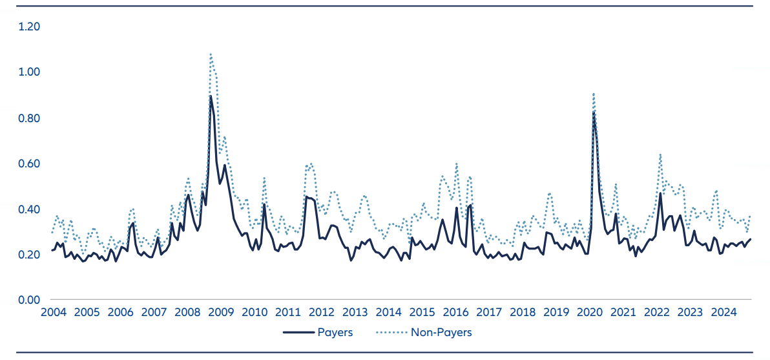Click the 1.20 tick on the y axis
(30, 27)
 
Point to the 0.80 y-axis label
(30, 118)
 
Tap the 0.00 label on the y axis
(30, 300)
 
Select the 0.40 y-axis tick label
(30, 209)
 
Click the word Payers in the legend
(335, 333)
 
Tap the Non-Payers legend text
(441, 333)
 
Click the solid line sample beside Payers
(297, 333)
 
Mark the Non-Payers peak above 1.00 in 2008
(211, 54)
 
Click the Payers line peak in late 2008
(211, 96)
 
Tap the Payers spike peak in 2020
(594, 111)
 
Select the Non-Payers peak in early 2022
(660, 154)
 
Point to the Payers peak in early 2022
(660, 193)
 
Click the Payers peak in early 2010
(264, 204)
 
